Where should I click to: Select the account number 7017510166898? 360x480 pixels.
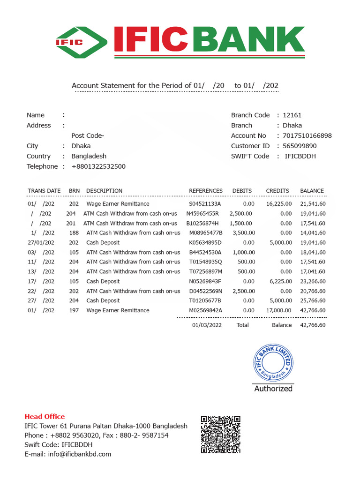(x=307, y=135)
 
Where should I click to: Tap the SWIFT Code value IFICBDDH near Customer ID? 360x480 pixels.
(x=300, y=156)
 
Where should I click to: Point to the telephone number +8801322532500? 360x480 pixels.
(x=98, y=166)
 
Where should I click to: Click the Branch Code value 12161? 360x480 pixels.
(x=292, y=115)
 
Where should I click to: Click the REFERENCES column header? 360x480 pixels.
(x=206, y=191)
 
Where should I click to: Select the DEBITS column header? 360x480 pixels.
(x=242, y=191)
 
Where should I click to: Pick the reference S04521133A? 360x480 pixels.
(x=205, y=204)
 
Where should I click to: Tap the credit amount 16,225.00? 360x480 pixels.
(x=279, y=204)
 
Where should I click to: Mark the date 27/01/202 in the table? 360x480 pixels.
(x=41, y=243)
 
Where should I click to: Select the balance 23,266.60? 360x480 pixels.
(x=313, y=281)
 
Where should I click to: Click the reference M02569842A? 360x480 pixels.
(x=205, y=310)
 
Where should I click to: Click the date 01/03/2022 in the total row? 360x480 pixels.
(x=207, y=325)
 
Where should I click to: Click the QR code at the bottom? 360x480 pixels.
(x=220, y=435)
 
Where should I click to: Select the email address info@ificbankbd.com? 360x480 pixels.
(x=68, y=454)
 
